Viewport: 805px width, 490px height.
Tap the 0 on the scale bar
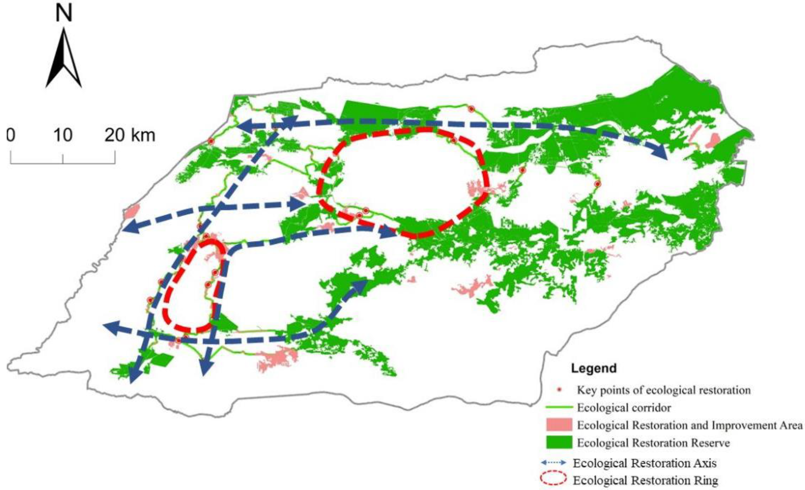tap(11, 135)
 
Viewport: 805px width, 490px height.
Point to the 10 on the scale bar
tap(63, 135)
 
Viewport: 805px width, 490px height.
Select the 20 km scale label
tap(130, 135)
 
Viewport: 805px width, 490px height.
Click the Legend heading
tap(593, 368)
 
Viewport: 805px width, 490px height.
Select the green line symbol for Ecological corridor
tap(559, 408)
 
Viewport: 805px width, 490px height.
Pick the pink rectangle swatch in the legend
tap(559, 425)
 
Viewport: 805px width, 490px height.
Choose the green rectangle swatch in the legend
tap(559, 442)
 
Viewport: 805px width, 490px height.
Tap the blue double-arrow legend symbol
tap(554, 463)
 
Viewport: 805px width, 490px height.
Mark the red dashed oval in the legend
tap(554, 480)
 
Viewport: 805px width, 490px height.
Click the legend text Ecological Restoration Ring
tap(646, 480)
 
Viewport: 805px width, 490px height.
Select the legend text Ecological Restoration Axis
tap(645, 463)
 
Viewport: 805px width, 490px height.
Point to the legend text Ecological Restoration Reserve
tap(653, 443)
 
